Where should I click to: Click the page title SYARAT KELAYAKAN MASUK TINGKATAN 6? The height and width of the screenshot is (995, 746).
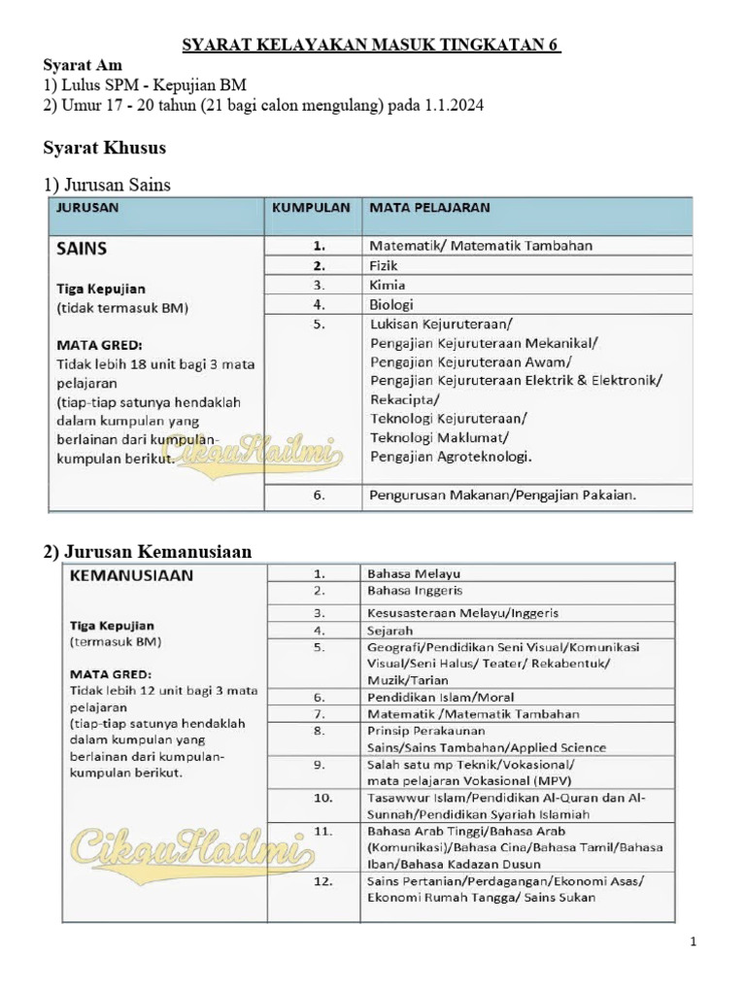372,46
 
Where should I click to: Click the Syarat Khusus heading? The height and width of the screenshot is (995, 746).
105,148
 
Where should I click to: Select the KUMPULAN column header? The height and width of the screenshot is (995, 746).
311,207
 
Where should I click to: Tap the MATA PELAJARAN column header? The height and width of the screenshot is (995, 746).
428,207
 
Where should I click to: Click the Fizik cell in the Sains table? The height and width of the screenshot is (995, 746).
384,265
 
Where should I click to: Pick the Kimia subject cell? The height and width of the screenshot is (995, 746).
387,285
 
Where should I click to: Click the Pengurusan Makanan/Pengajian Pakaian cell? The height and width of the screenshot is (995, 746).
502,496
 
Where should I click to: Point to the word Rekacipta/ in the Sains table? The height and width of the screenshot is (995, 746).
404,398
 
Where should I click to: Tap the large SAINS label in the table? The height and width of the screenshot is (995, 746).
83,248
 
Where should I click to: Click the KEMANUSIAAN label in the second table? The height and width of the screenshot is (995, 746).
130,574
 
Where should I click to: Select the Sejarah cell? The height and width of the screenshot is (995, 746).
390,630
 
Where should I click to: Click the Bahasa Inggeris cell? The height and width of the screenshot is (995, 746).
415,590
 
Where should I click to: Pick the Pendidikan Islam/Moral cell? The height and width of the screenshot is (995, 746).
440,697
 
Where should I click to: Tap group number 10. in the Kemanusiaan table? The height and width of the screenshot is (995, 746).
322,798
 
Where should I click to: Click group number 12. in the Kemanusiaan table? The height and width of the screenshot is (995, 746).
322,881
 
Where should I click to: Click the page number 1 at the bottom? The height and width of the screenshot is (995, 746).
694,942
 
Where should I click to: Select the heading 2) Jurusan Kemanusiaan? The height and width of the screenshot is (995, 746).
148,552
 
